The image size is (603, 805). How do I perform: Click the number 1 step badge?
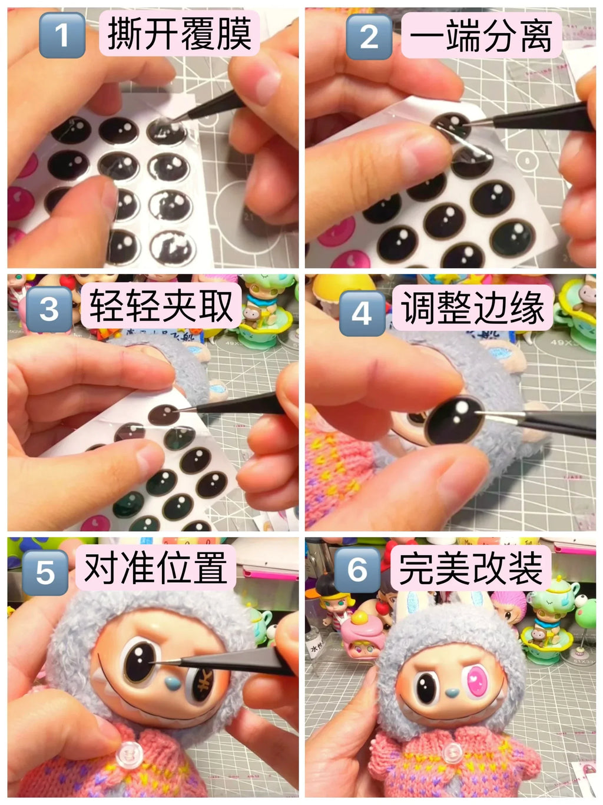(x=62, y=37)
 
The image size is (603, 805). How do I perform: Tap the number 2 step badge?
(x=369, y=37)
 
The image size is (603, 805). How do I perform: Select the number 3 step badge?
(x=49, y=309)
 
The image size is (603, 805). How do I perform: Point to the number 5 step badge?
(x=45, y=572)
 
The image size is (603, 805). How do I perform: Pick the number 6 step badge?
(x=357, y=569)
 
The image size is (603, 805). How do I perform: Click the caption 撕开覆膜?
(x=179, y=34)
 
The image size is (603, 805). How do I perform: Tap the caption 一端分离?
(x=481, y=35)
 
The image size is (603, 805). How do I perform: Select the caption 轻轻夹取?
(x=161, y=306)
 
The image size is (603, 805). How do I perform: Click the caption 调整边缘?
(x=473, y=308)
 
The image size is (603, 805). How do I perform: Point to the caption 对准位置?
(x=155, y=568)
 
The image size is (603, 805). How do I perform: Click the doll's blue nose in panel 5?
(x=171, y=684)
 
